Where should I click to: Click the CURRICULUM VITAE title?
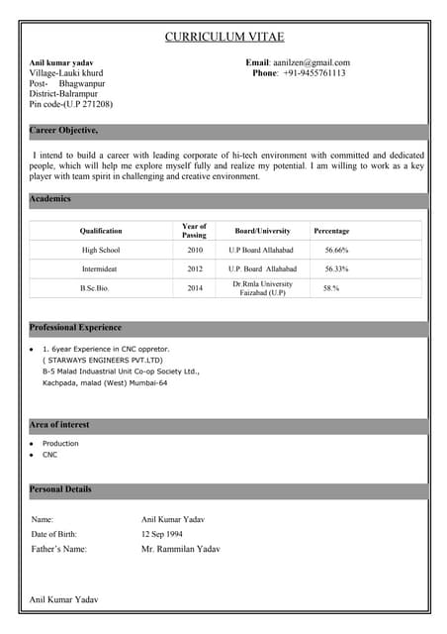coord(223,37)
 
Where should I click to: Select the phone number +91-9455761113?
coord(314,73)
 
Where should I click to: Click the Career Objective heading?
coord(63,131)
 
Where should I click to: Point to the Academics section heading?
coord(50,199)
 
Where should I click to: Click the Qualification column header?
coord(101,231)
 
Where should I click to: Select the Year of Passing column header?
coord(195,231)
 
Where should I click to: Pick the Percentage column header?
coord(331,231)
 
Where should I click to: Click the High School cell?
coord(101,251)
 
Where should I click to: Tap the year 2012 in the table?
coord(195,268)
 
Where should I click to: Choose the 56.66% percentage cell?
coord(336,251)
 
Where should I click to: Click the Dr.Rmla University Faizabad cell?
coord(262,288)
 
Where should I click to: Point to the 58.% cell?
coord(331,288)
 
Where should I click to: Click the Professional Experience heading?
coord(76,327)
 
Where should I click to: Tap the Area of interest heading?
coord(59,424)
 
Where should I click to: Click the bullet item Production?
coord(60,444)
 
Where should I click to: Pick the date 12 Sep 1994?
coord(162,534)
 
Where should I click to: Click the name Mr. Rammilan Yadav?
coord(181,549)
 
